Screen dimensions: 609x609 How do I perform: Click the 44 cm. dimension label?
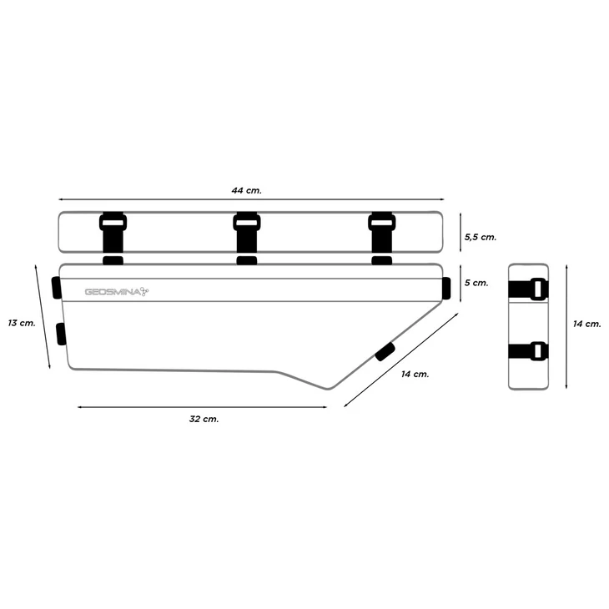click(x=247, y=190)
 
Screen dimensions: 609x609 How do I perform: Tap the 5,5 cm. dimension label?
click(x=481, y=237)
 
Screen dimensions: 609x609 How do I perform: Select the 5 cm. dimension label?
click(x=476, y=283)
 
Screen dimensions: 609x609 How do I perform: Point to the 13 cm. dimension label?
click(x=22, y=323)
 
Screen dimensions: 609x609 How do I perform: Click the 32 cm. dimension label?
click(x=204, y=419)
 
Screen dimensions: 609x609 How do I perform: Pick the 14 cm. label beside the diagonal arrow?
click(x=415, y=374)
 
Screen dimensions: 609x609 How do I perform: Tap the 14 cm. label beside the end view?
click(x=586, y=324)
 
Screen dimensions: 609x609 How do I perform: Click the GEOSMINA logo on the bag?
click(x=117, y=292)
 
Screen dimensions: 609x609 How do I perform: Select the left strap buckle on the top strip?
click(x=113, y=223)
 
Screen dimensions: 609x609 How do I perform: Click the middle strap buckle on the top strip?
click(x=247, y=223)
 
